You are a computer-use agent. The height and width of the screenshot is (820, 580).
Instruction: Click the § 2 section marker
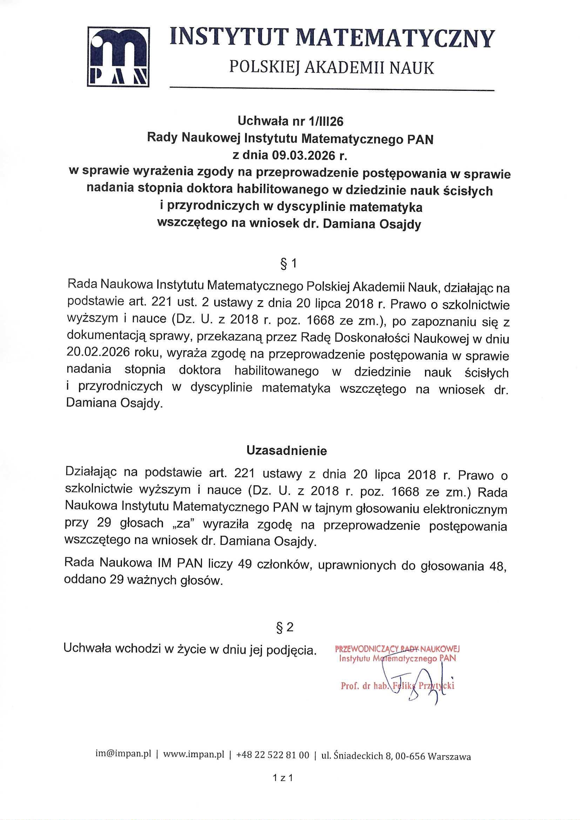(x=285, y=627)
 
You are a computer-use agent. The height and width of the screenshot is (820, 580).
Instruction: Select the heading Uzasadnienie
(x=287, y=451)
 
